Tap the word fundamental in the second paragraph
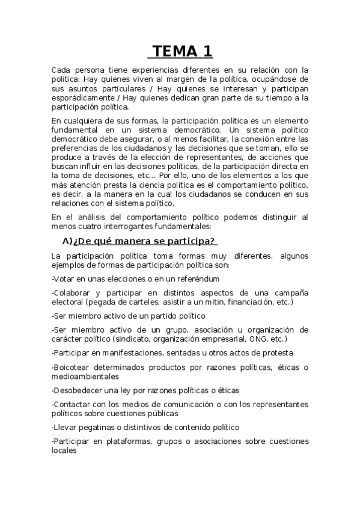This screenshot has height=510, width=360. click(x=76, y=130)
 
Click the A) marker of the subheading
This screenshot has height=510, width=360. click(x=67, y=241)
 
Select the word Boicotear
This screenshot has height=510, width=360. click(x=75, y=367)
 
